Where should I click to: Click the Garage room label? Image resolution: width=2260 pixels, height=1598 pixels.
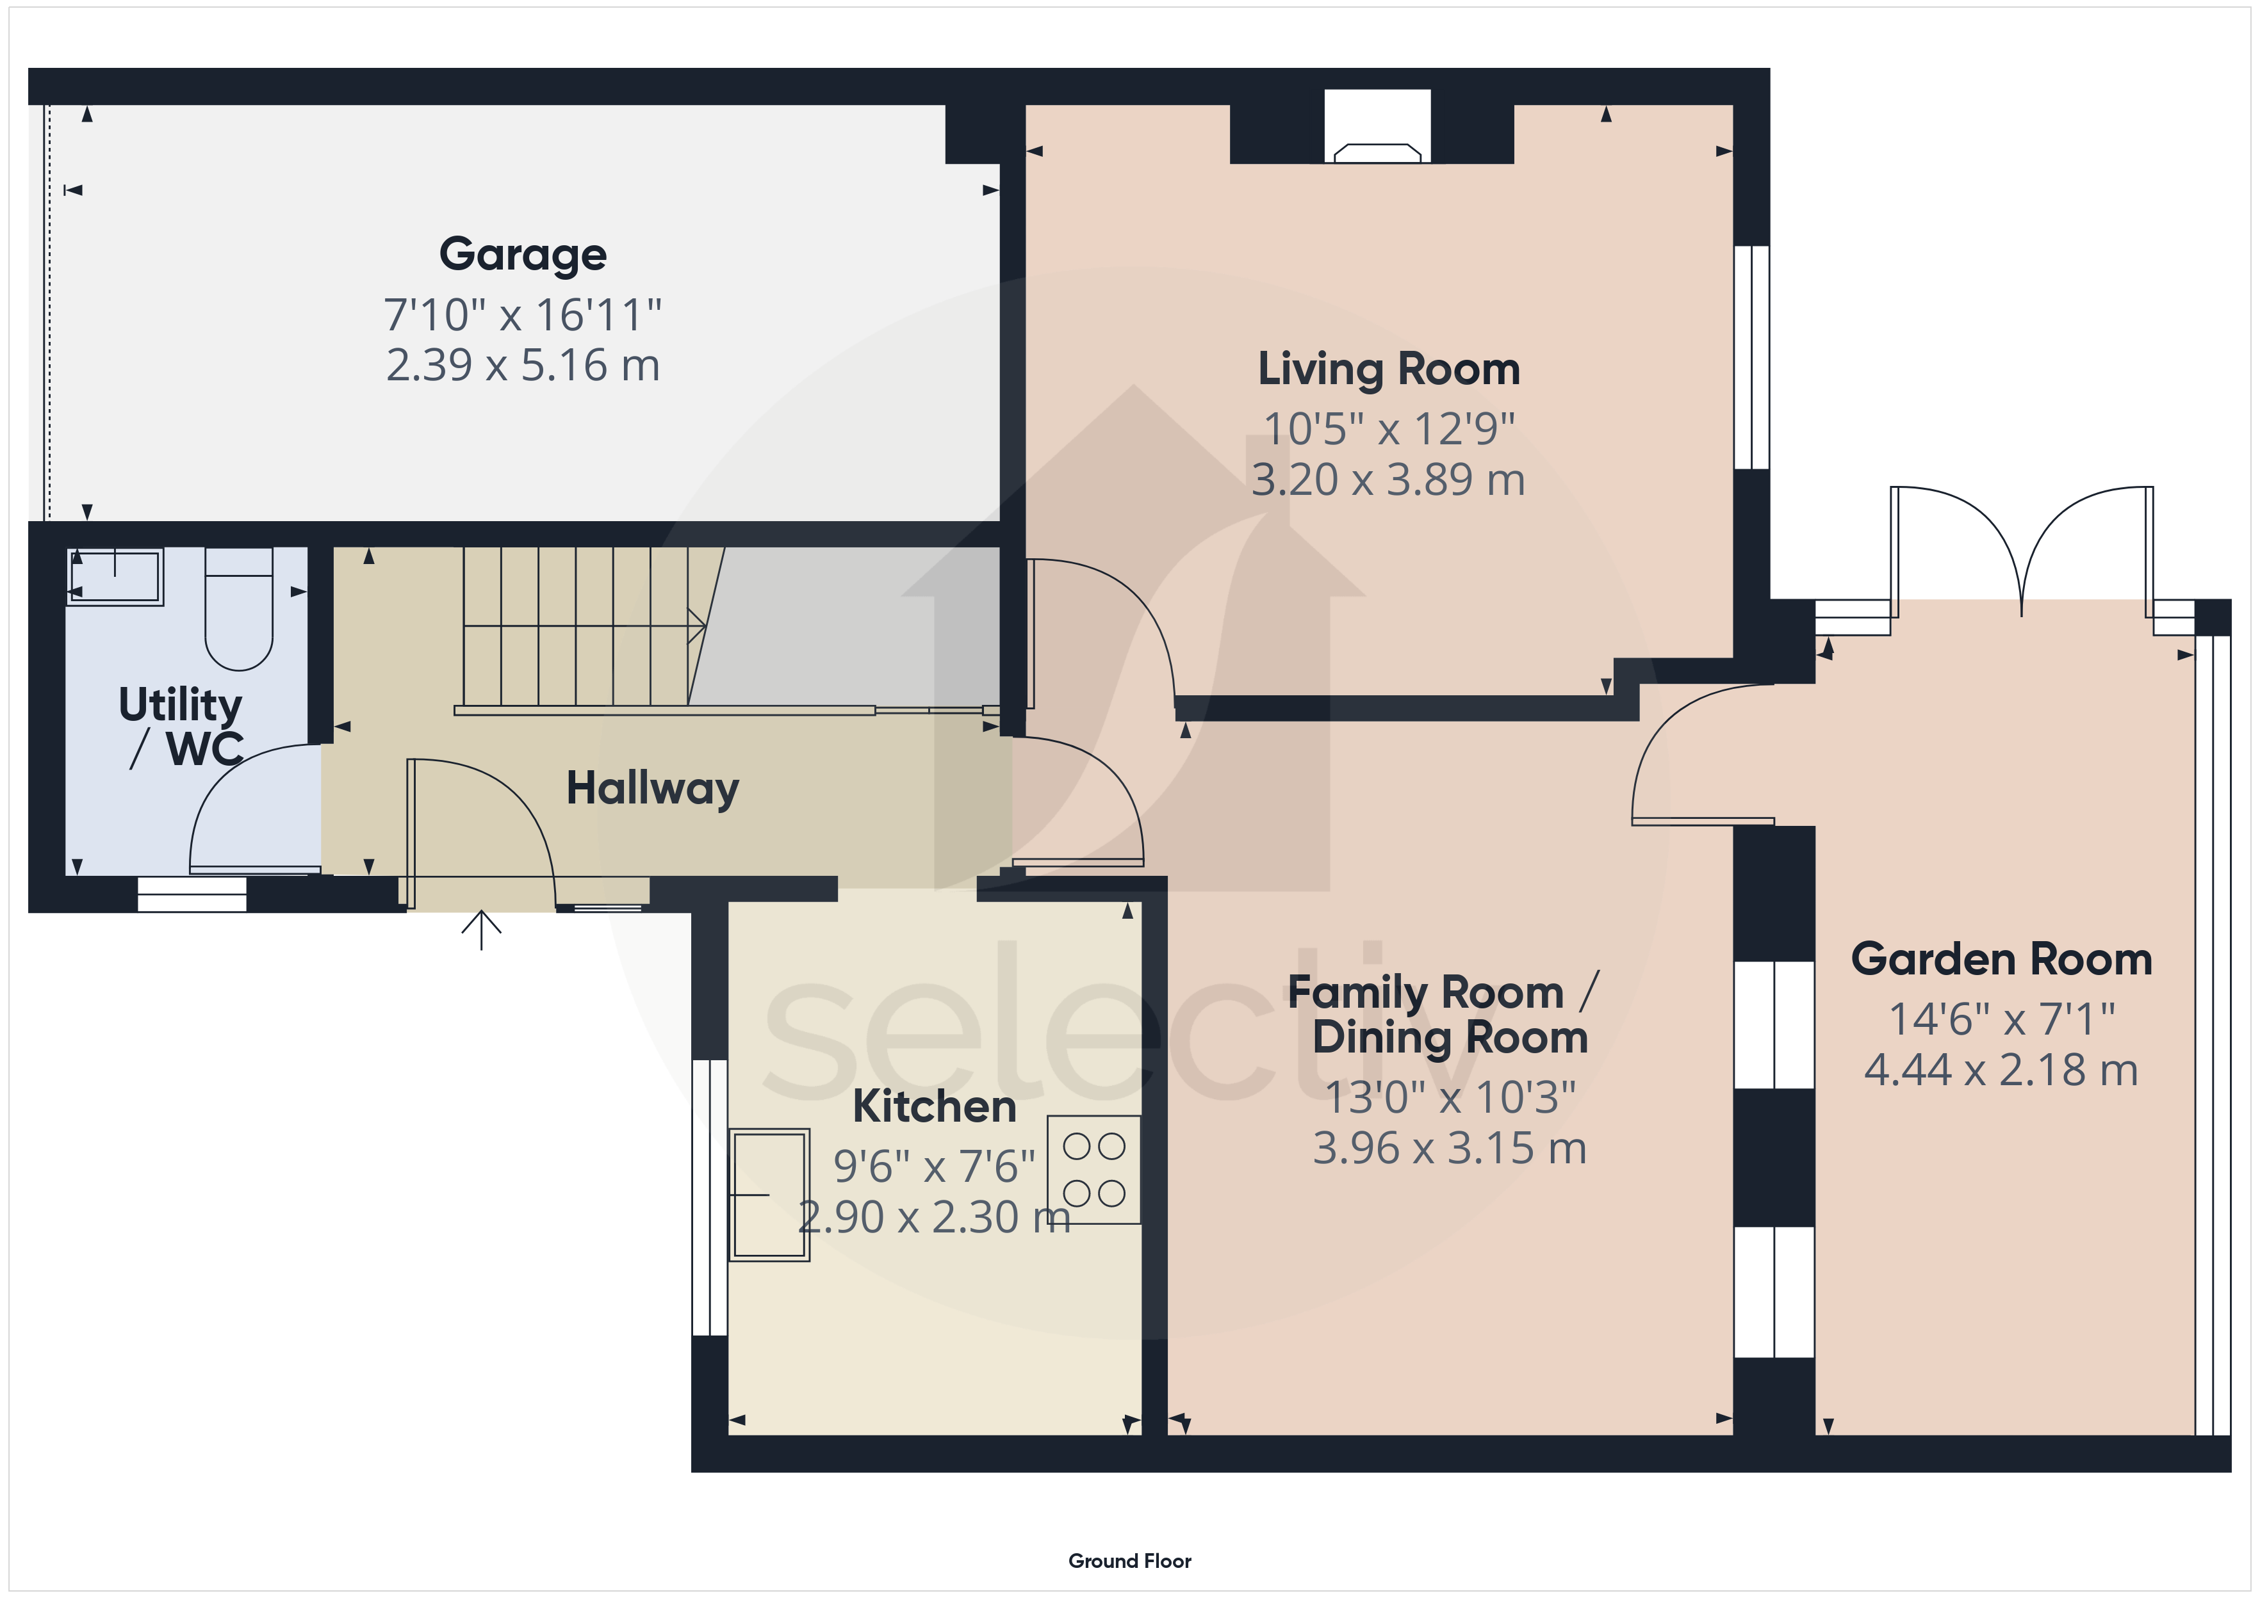point(523,255)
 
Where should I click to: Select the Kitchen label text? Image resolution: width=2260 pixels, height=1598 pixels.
point(934,1106)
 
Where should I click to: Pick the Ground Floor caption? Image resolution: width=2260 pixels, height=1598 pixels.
point(1130,1561)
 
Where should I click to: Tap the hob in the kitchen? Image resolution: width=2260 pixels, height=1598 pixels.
point(1093,1170)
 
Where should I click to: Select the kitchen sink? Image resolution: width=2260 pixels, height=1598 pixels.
point(769,1195)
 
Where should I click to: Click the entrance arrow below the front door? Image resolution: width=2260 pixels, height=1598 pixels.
point(481,930)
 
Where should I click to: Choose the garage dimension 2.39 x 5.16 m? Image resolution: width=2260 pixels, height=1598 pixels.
point(523,365)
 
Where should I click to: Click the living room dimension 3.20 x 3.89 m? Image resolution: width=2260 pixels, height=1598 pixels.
point(1388,479)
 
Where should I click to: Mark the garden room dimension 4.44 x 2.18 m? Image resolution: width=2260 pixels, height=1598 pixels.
point(2001,1070)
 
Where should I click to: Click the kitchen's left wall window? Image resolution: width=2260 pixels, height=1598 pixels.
point(708,1197)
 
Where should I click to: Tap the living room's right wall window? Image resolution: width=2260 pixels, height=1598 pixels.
point(1751,356)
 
